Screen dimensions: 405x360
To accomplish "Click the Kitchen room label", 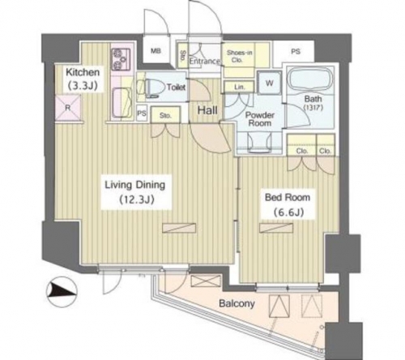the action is [x=83, y=72].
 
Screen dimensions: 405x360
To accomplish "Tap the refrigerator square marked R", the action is [x=68, y=108].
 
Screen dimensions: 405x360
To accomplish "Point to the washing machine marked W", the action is [x=270, y=83].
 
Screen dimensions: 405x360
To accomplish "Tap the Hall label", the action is [x=207, y=110].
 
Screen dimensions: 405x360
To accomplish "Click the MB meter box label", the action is [x=156, y=51].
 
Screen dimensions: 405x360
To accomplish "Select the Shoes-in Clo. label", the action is [x=239, y=56].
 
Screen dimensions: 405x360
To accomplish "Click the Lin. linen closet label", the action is [x=239, y=88].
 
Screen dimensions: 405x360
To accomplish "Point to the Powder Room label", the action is [x=260, y=119].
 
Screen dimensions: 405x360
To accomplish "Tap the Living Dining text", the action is [x=134, y=185].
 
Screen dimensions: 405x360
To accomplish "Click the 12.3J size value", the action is [x=137, y=200].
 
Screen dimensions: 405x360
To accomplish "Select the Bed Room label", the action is [x=288, y=198].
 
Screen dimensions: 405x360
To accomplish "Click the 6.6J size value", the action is [x=289, y=212].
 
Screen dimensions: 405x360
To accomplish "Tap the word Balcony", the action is [x=237, y=303].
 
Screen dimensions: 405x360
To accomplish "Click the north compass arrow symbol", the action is [x=62, y=291].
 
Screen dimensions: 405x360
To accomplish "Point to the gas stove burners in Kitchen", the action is [x=121, y=58].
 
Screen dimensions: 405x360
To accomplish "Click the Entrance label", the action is [x=205, y=62].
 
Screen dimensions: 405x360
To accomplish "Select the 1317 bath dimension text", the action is [x=313, y=108].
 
